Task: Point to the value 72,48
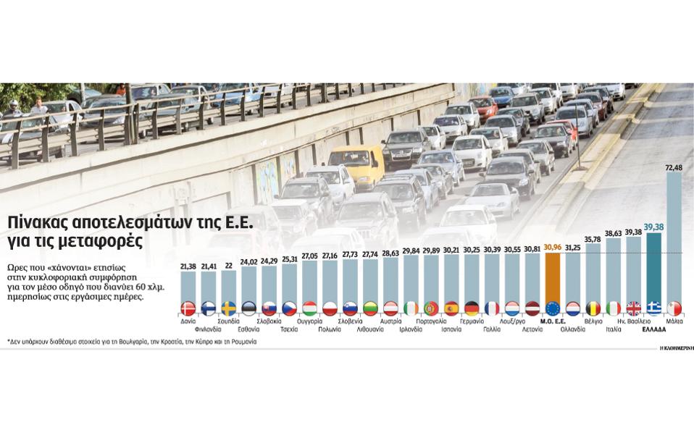tap(674, 167)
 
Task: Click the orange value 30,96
tap(552, 248)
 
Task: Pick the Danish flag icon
tap(188, 308)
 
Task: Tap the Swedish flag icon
tap(228, 308)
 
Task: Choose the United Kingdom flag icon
tap(633, 308)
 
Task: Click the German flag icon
tap(472, 308)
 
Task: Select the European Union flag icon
tap(552, 308)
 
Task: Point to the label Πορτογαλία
tap(430, 321)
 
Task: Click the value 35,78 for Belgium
tap(593, 238)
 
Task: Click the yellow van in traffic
tap(356, 164)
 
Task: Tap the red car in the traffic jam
tap(483, 106)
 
